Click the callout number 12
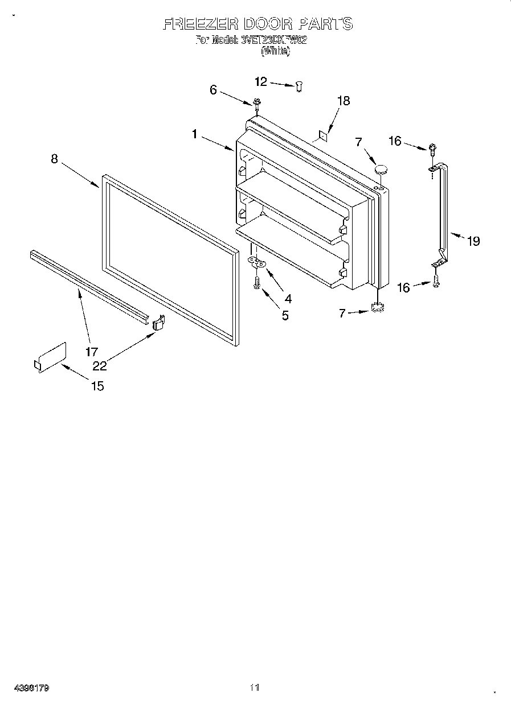(x=260, y=82)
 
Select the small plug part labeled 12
(x=299, y=86)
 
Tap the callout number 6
(x=213, y=89)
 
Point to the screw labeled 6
(x=257, y=104)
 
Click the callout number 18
(x=343, y=101)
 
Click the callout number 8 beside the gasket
(x=54, y=159)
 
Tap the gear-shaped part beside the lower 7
(x=376, y=308)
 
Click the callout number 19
(x=473, y=241)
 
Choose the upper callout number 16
(x=395, y=141)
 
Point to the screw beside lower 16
(x=436, y=281)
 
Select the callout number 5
(x=285, y=315)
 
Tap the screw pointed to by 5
(x=257, y=282)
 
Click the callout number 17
(x=92, y=352)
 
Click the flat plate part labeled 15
(x=50, y=358)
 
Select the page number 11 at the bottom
(x=255, y=687)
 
